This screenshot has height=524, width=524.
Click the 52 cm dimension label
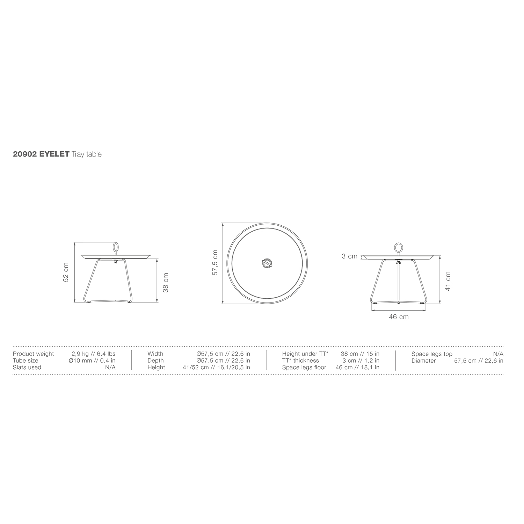tap(66, 272)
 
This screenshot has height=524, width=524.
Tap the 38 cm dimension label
tap(166, 283)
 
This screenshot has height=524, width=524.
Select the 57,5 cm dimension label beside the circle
tap(215, 263)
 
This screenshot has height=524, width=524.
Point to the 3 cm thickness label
tap(349, 256)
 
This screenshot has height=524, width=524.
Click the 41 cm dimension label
tap(448, 281)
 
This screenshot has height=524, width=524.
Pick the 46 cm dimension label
tap(399, 317)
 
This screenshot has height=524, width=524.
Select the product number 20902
tap(25, 154)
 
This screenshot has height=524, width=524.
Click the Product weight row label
tap(33, 354)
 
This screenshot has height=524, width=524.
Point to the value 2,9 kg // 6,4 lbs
tap(93, 354)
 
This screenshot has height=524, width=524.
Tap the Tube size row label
tap(26, 361)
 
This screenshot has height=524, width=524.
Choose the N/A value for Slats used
tap(110, 367)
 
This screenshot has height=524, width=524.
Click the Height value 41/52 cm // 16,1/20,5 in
tap(216, 367)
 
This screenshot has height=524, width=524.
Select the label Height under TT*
tap(305, 354)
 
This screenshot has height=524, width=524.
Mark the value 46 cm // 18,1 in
tap(357, 367)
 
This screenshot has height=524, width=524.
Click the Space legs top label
tap(432, 354)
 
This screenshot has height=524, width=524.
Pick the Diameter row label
tap(423, 361)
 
